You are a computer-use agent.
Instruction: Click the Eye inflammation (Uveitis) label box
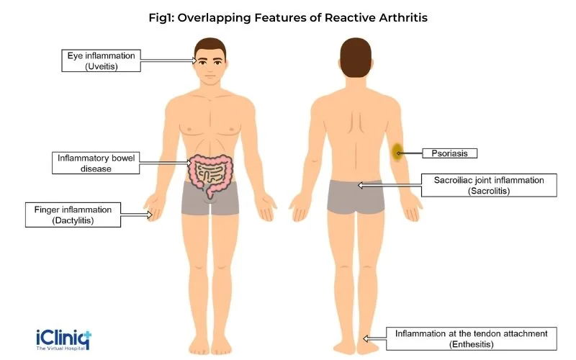click(x=101, y=60)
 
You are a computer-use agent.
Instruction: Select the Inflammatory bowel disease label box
click(x=96, y=163)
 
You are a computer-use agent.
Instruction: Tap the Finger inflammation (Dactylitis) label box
click(x=73, y=215)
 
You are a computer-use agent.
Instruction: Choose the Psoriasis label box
click(x=449, y=153)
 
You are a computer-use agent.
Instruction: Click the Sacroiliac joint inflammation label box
click(x=489, y=185)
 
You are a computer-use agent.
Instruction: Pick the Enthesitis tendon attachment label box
click(x=472, y=338)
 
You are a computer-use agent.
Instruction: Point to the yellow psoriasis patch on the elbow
click(x=397, y=152)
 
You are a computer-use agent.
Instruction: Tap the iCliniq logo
click(x=63, y=340)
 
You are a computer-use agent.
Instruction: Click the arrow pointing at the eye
click(x=169, y=60)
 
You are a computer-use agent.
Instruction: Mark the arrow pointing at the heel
click(x=374, y=338)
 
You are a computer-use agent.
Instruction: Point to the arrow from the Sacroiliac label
click(x=390, y=186)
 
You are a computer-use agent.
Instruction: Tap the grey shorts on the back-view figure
click(x=356, y=197)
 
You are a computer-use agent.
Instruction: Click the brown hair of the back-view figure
click(x=356, y=57)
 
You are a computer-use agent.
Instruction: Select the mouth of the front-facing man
click(x=210, y=77)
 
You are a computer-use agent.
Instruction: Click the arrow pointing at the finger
click(x=136, y=215)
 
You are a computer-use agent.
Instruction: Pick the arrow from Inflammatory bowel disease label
click(x=166, y=163)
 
